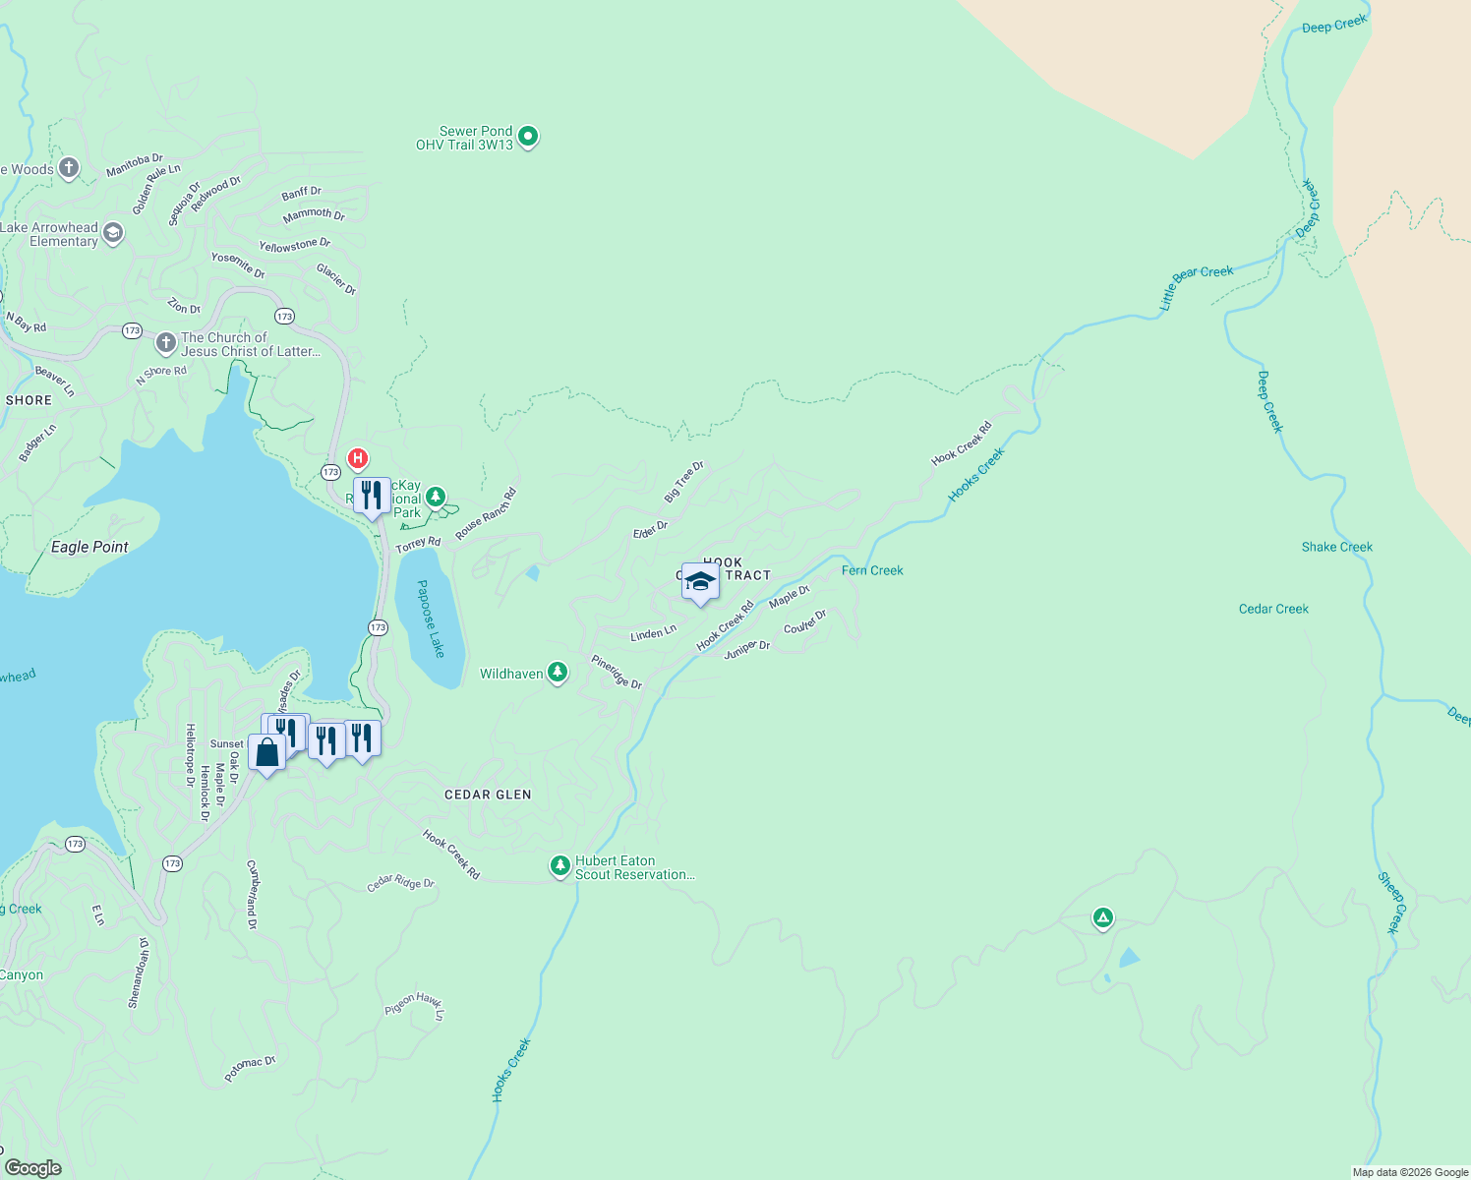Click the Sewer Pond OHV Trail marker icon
coord(528,137)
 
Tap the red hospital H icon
coord(358,458)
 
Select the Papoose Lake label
coord(431,619)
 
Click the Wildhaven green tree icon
coord(558,673)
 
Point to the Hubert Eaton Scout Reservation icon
coord(559,866)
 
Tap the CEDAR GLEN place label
coord(488,795)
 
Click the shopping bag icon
coord(266,752)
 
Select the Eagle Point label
coord(89,547)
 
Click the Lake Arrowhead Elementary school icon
coord(113,233)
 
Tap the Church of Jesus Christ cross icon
coord(166,343)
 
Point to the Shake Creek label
coord(1336,547)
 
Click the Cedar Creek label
coord(1273,609)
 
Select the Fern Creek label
coord(872,570)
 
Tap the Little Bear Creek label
coord(1196,285)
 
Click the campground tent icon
coord(1102,918)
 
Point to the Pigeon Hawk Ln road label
coord(415,1005)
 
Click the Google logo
coord(33,1167)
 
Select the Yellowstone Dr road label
coord(294,245)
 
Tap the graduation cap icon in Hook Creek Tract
coord(700,582)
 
